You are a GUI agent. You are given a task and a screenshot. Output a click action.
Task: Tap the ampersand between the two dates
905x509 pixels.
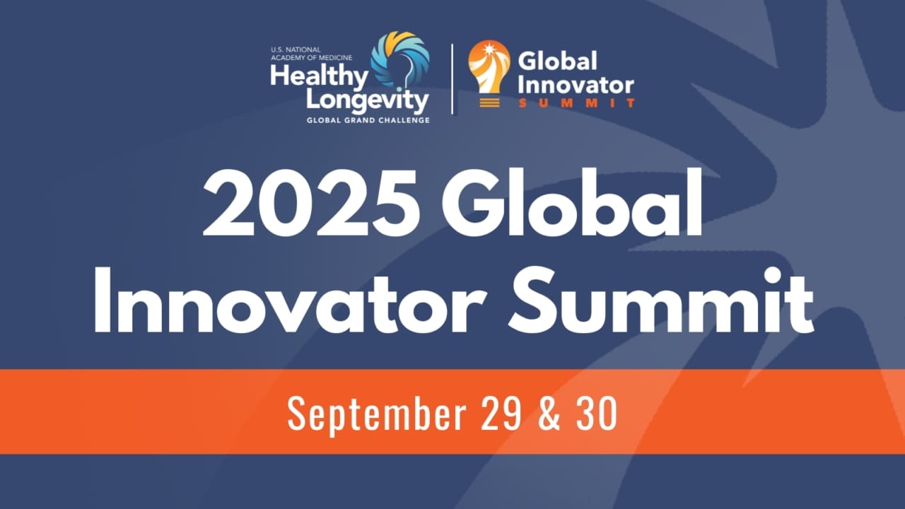(x=544, y=414)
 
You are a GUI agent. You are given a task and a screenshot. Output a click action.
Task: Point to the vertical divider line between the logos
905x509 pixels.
(x=452, y=78)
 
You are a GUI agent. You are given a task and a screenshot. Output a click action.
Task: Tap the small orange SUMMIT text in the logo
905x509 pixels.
(x=577, y=103)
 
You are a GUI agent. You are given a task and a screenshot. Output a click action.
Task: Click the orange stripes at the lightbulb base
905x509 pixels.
(x=489, y=102)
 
